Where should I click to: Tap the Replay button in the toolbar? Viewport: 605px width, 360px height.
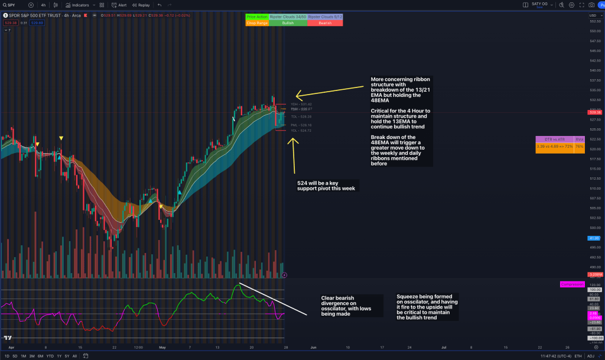141,5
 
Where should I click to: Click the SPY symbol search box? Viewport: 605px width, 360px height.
12,5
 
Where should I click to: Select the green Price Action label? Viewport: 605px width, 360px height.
257,17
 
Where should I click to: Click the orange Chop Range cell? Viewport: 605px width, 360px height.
257,23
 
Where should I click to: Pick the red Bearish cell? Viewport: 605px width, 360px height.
325,23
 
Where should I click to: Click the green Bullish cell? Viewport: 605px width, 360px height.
288,23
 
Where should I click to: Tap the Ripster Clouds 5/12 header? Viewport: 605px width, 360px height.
325,17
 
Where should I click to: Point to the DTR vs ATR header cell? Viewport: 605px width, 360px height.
554,140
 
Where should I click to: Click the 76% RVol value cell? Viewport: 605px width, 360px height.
579,146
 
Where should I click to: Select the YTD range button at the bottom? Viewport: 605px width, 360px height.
50,356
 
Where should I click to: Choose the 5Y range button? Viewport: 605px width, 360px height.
66,356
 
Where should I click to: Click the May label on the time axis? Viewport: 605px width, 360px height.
162,348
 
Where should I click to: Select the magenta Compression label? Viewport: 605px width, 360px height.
571,284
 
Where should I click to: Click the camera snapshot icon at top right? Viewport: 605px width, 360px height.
591,5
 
